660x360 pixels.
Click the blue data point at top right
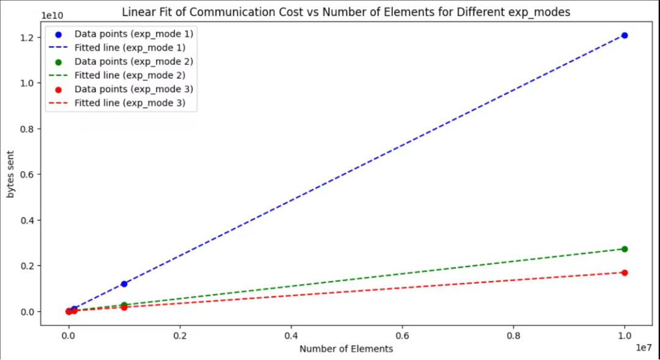(x=624, y=35)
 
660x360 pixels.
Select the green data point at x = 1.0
(x=624, y=249)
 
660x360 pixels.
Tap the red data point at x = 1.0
(x=624, y=273)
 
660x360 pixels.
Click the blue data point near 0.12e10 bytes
(x=124, y=284)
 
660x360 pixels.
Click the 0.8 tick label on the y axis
(x=27, y=129)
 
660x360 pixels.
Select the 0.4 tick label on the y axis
(x=27, y=220)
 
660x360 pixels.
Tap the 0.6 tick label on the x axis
(x=402, y=335)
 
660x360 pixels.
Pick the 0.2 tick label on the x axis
(x=180, y=335)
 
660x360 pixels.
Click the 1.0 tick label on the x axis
(x=624, y=335)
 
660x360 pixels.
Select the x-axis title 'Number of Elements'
(x=346, y=349)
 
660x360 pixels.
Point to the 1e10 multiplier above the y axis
(x=53, y=15)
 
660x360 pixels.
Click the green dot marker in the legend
(x=59, y=62)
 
